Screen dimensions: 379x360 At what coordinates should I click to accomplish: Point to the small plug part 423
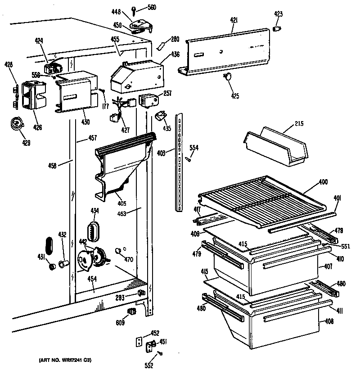click(278, 29)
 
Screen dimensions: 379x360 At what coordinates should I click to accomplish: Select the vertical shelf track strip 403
click(180, 162)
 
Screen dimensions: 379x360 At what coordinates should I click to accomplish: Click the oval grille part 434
click(93, 230)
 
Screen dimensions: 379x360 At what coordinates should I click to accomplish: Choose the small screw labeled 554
click(190, 157)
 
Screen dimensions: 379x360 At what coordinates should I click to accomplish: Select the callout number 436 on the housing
click(175, 54)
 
